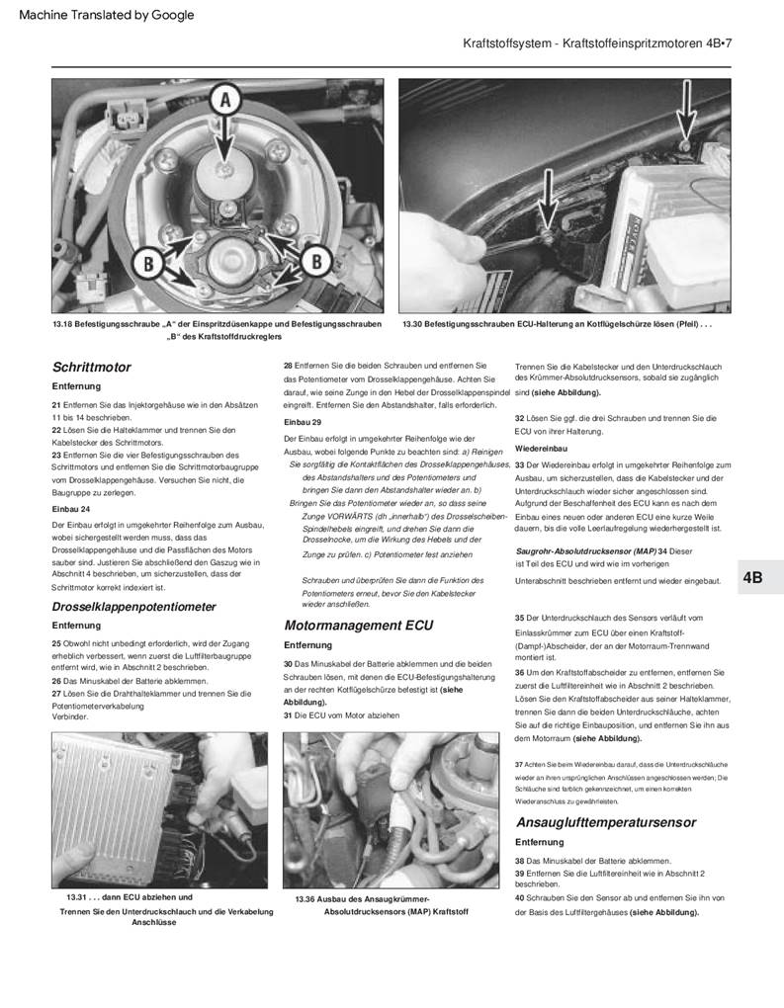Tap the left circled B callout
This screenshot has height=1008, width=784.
pyautogui.click(x=148, y=262)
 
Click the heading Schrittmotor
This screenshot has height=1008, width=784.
pyautogui.click(x=91, y=367)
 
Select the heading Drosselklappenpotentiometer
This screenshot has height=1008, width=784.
pyautogui.click(x=133, y=606)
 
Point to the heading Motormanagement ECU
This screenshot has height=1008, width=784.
pyautogui.click(x=359, y=625)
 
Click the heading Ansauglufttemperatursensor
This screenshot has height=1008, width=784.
pyautogui.click(x=606, y=822)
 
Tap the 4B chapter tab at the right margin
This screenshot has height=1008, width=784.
pyautogui.click(x=753, y=578)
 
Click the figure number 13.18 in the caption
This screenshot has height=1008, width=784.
pyautogui.click(x=64, y=324)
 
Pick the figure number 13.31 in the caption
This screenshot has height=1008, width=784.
pyautogui.click(x=78, y=895)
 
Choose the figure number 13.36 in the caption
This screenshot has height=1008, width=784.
pyautogui.click(x=307, y=898)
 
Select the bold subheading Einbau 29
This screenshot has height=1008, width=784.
pyautogui.click(x=304, y=422)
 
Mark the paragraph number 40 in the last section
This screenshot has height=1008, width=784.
pyautogui.click(x=520, y=898)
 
